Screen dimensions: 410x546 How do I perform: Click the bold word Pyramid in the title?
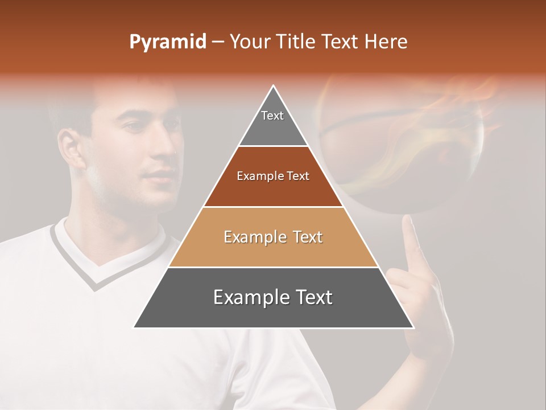coord(167,42)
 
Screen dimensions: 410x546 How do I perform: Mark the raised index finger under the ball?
coord(408,239)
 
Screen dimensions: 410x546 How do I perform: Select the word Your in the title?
coord(249,42)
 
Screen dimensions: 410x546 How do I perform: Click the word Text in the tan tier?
coord(301,237)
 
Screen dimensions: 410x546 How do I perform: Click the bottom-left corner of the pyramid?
coord(134,327)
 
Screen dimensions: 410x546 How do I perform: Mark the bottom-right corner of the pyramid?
coord(413,327)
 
